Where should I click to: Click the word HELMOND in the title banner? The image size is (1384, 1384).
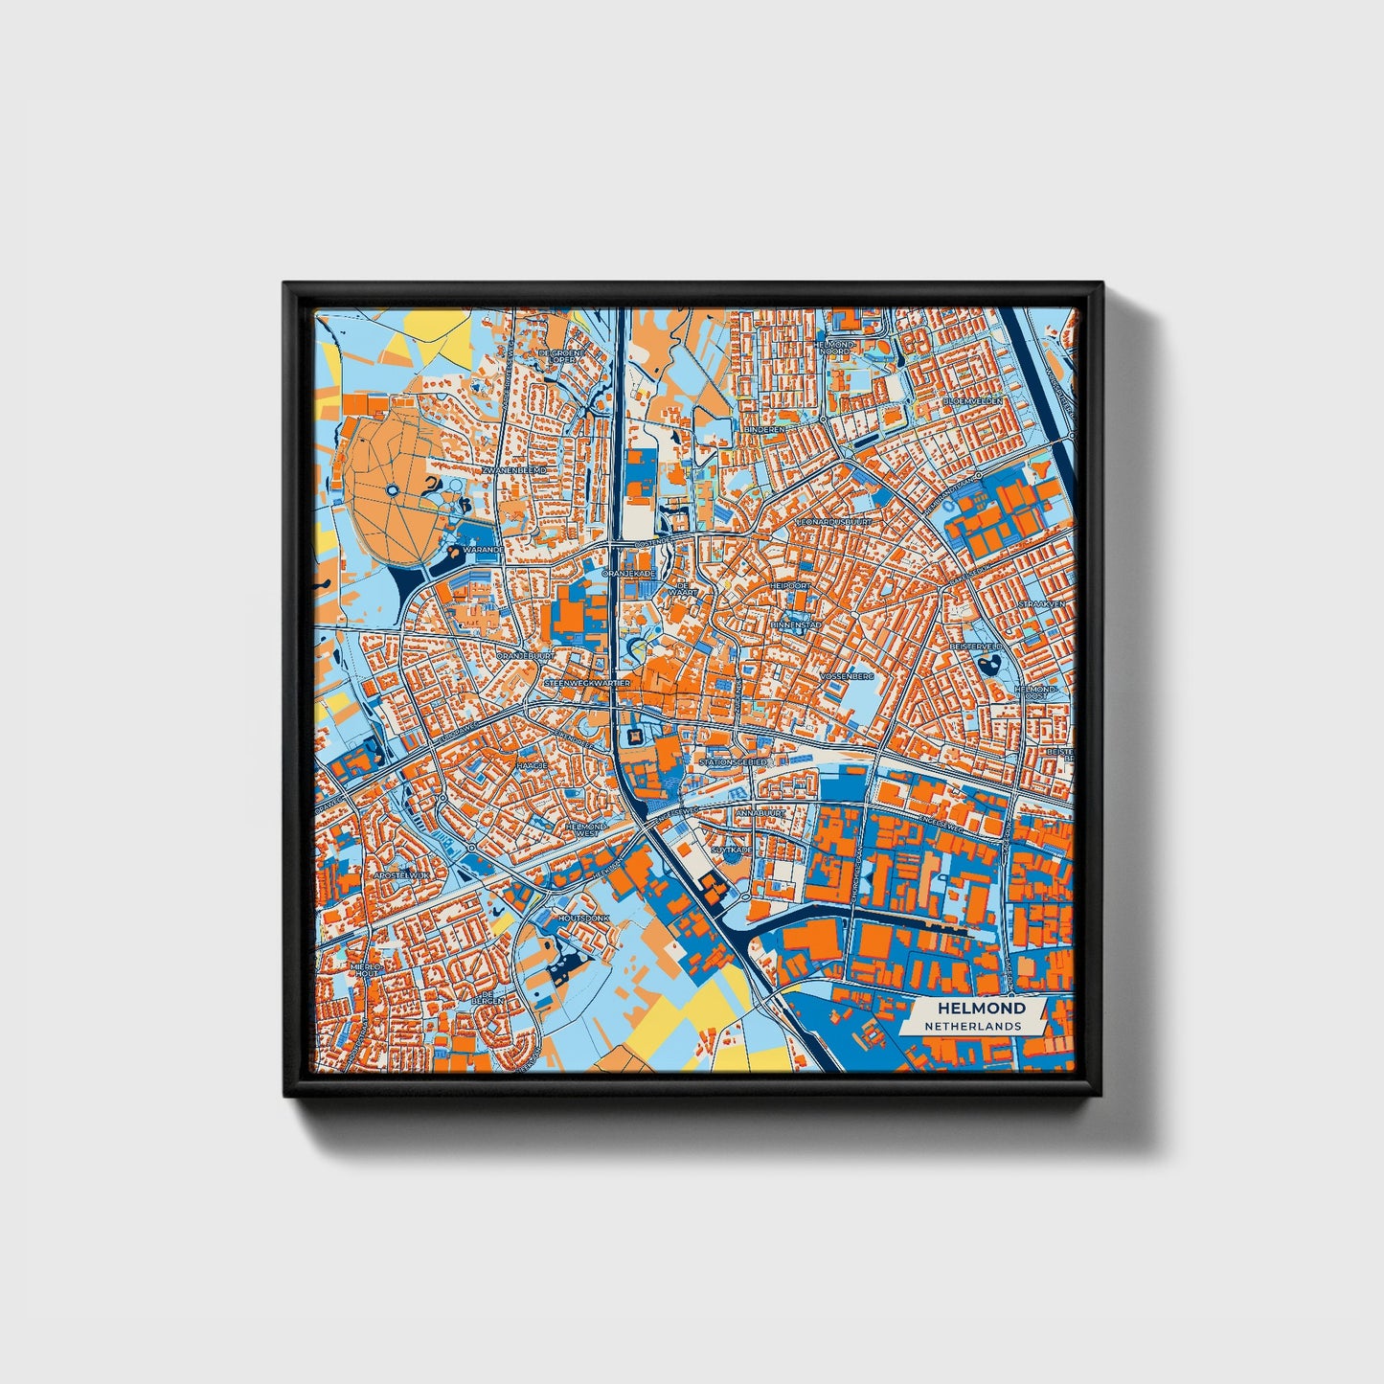(x=981, y=1008)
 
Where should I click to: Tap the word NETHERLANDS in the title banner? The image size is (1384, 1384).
(x=972, y=1026)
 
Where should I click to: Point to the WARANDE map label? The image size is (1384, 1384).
(x=482, y=552)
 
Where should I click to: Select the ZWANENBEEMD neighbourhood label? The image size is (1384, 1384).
(x=514, y=471)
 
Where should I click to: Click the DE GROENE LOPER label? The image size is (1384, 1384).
(x=560, y=355)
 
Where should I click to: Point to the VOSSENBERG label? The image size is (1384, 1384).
(x=848, y=676)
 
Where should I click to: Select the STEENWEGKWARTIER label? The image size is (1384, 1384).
(x=587, y=683)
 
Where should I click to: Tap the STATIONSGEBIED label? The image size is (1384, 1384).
(x=734, y=762)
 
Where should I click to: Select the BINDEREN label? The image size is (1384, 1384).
(x=764, y=430)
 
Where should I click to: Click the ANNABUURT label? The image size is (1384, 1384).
(x=760, y=813)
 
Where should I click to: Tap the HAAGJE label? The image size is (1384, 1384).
(x=532, y=766)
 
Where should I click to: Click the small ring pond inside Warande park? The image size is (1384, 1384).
(x=393, y=491)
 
